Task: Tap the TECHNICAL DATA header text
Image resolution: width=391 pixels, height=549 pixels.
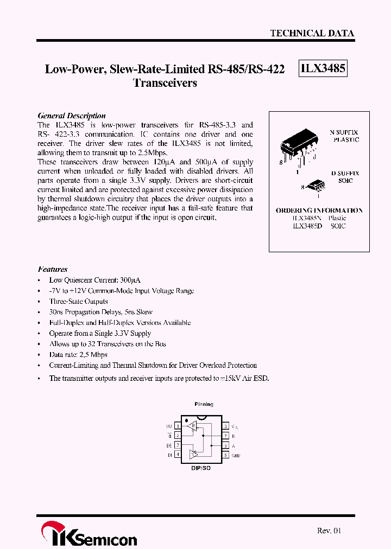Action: coord(312,33)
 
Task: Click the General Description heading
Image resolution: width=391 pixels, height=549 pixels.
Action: coord(71,116)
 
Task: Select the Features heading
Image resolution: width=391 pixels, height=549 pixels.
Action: coord(53,269)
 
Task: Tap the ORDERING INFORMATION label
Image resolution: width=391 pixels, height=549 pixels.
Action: coord(319,210)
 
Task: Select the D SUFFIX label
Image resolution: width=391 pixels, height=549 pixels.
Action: coord(345,174)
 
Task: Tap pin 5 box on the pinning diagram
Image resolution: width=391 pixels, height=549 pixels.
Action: coord(225,455)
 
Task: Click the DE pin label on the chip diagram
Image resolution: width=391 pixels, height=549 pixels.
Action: coord(169,445)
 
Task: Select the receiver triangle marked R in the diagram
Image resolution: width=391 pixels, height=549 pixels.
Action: coord(191,427)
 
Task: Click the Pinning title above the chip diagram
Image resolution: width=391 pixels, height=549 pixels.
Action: coord(204,404)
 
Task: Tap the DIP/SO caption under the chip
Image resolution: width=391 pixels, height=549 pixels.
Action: coord(201,468)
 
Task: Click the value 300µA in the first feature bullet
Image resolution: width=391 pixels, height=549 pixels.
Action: coord(130,280)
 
